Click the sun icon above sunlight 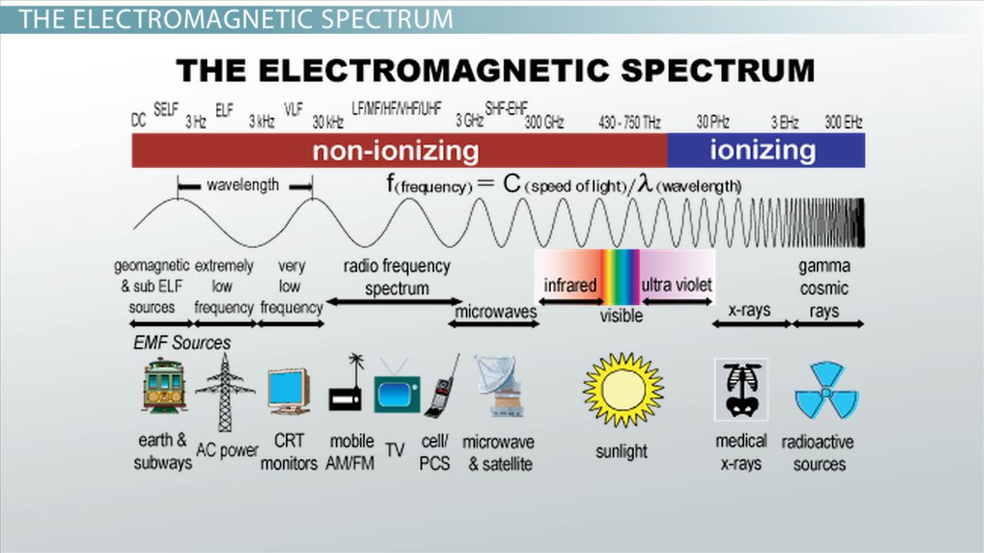[623, 389]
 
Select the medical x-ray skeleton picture [742, 389]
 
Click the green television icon [397, 391]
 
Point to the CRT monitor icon [288, 392]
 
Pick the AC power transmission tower [225, 392]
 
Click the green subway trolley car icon [164, 386]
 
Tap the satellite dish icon [500, 386]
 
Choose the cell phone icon [441, 386]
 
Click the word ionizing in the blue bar [763, 150]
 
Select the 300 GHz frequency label [544, 122]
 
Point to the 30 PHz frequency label [713, 122]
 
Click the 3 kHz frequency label [262, 121]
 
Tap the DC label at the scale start [138, 120]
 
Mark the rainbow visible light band [620, 277]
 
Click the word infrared [570, 285]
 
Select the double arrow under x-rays [752, 324]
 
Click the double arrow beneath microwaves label [494, 324]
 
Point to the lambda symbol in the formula [645, 183]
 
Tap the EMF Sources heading [182, 343]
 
